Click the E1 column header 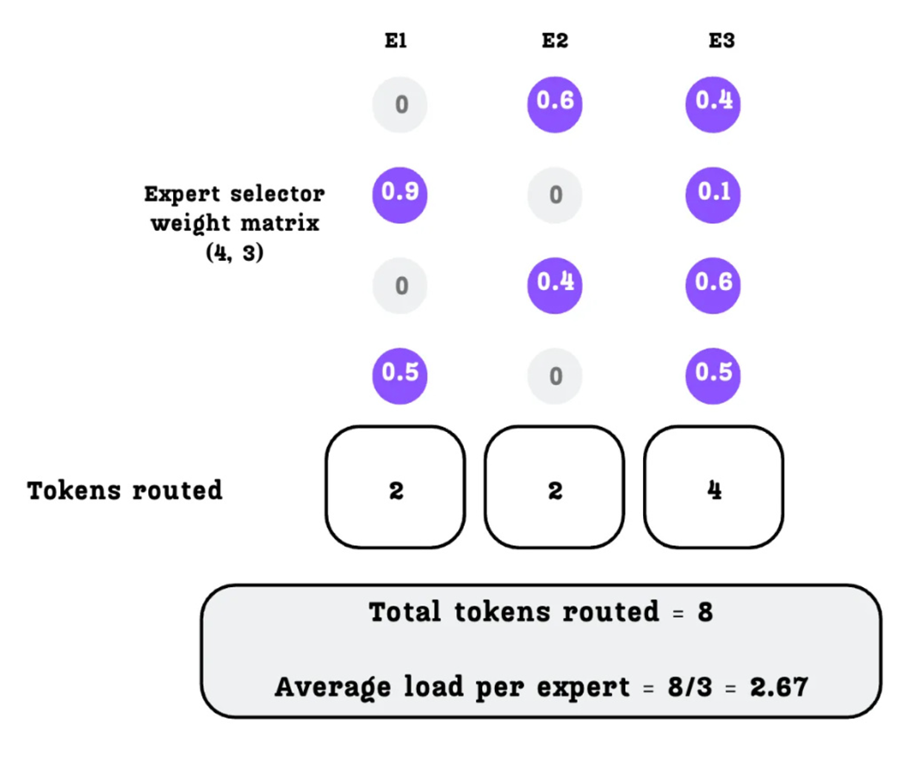point(395,41)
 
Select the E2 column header point(555,41)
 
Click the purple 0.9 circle point(400,192)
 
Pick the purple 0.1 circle point(714,192)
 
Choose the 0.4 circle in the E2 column point(555,283)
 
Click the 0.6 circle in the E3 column point(714,283)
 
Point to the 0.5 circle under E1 point(400,374)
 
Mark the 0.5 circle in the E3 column point(714,374)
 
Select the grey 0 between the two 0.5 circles point(555,375)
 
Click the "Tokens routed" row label point(125,491)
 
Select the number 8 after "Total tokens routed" point(705,613)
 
